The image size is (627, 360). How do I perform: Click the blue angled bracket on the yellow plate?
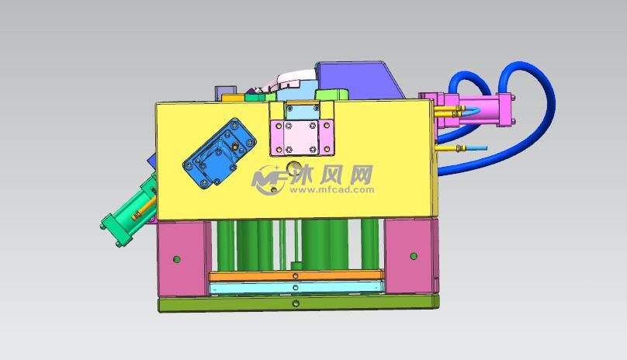pos(220,153)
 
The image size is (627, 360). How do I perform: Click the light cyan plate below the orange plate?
pos(296,288)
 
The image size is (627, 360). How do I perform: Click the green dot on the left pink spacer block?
pos(177,258)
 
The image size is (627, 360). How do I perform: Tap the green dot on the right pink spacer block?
pos(414,255)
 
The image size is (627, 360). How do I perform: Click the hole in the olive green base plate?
pos(296,303)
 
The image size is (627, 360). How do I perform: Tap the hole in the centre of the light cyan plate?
pos(296,289)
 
